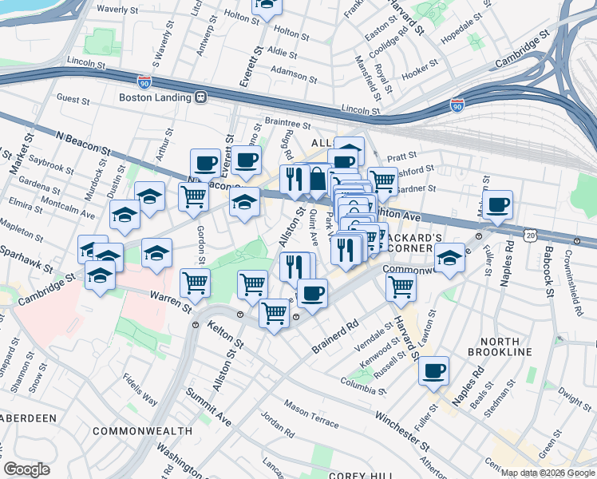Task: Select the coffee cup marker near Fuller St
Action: (433, 370)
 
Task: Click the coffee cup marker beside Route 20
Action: (497, 204)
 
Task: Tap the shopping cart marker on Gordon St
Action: (195, 282)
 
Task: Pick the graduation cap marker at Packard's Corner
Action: (449, 258)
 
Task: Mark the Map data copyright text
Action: (548, 473)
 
